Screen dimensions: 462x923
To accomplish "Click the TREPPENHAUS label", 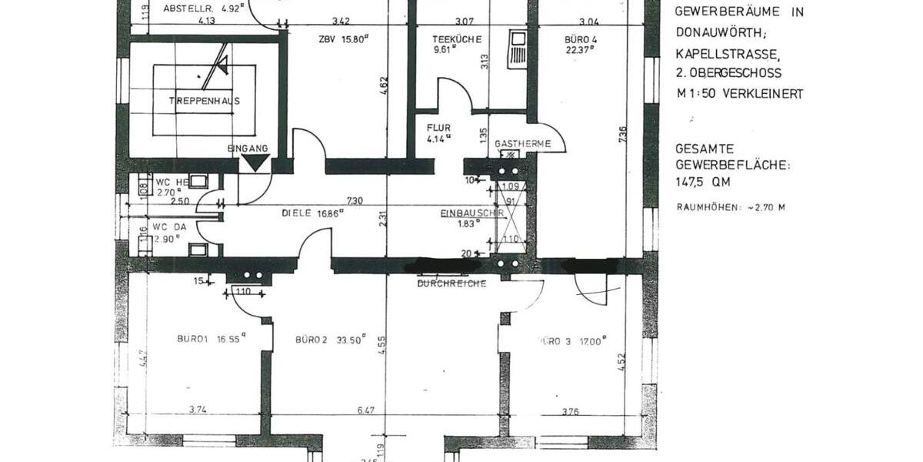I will (205, 100).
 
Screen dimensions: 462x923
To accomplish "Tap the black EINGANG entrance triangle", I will (255, 162).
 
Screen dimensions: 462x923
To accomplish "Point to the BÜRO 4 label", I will (580, 39).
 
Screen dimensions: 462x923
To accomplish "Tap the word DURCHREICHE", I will (452, 283).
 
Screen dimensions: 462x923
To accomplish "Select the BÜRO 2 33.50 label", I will (331, 339).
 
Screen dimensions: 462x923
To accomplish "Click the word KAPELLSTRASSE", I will (727, 54).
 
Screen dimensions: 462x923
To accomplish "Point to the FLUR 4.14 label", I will (439, 133).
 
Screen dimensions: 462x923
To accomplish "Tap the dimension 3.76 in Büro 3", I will (570, 412).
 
